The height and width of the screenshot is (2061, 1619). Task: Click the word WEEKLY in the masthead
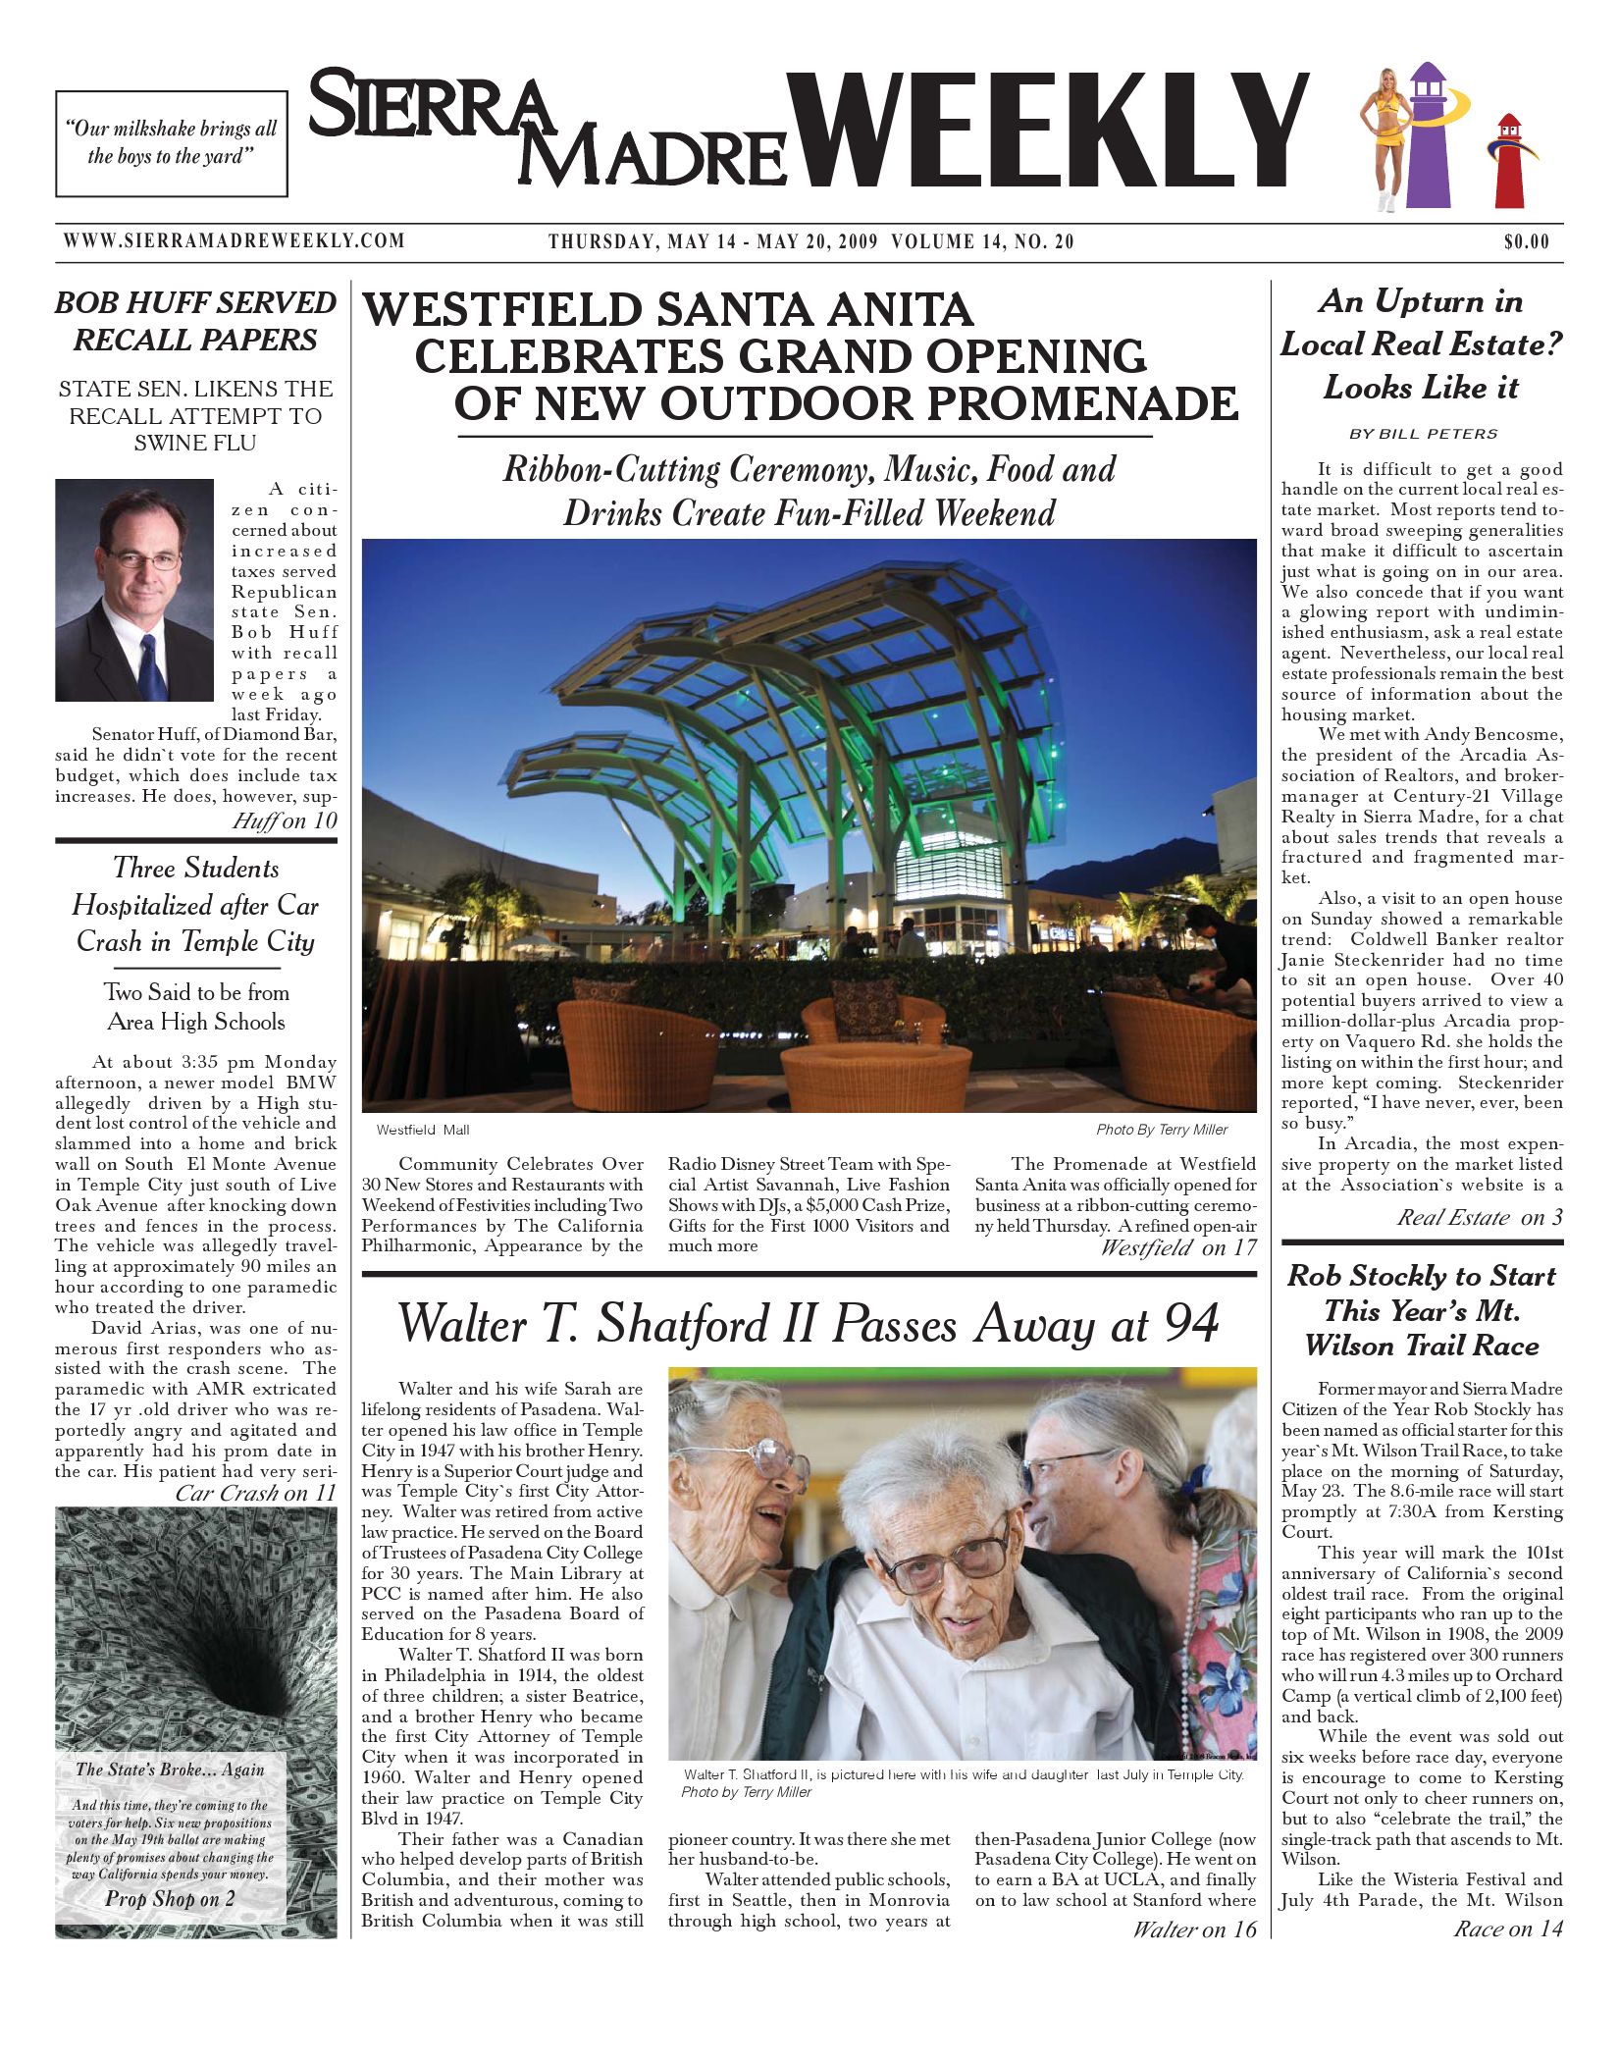click(1050, 132)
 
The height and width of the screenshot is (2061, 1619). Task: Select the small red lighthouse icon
click(1509, 162)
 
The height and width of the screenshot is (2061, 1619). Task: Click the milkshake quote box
click(172, 143)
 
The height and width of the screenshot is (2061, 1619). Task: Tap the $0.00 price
click(1527, 242)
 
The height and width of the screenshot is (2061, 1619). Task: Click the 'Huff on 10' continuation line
click(284, 820)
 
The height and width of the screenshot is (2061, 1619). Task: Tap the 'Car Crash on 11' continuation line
click(255, 1493)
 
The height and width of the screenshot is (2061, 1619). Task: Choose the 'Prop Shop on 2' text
click(171, 1898)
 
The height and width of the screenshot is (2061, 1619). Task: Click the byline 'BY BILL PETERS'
click(1423, 434)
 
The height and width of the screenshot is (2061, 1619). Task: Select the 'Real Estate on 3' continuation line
click(1480, 1218)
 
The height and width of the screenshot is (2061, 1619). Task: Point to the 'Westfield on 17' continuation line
click(1177, 1247)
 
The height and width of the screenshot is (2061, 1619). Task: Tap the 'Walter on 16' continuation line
click(1193, 1929)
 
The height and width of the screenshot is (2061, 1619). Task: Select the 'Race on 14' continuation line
click(1507, 1929)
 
